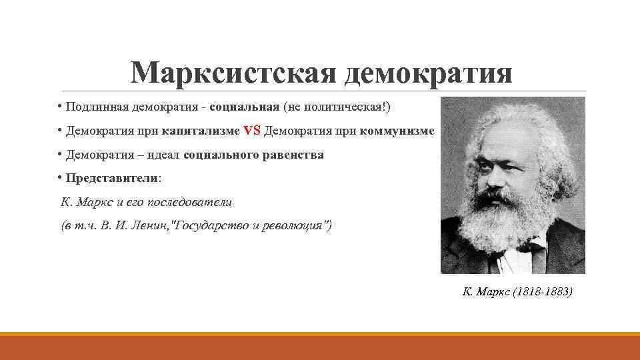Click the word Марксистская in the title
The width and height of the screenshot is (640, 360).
[x=234, y=72]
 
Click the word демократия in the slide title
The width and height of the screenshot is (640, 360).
[x=428, y=72]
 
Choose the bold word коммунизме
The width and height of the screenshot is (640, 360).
[x=397, y=131]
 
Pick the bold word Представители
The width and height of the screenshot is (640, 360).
[x=112, y=179]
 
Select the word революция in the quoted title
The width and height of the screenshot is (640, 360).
[x=289, y=226]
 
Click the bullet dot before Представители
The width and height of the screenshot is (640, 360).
[x=59, y=177]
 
